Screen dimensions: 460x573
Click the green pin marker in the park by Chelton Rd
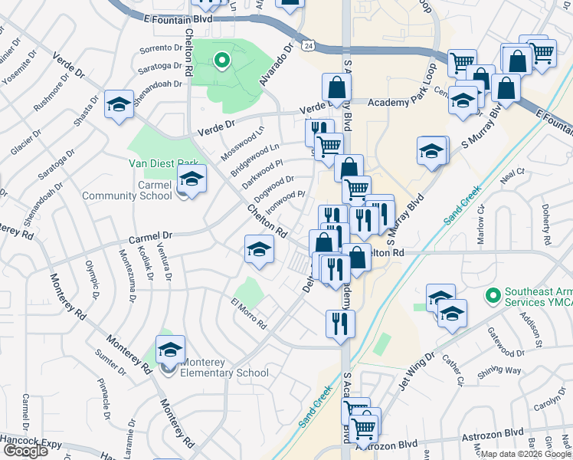[221, 60]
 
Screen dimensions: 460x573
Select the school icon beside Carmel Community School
[192, 181]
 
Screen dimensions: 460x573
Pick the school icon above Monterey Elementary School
[170, 350]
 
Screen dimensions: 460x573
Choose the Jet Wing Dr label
[416, 370]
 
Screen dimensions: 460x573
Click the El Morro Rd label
[248, 313]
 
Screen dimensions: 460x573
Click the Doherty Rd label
[548, 219]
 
